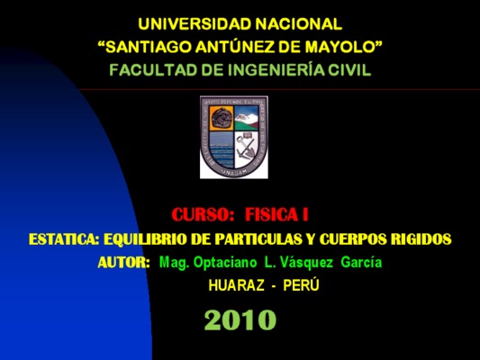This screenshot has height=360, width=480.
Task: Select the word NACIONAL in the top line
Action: click(299, 24)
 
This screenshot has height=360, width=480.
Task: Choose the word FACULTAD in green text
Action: click(154, 70)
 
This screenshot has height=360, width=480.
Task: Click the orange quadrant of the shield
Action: click(222, 118)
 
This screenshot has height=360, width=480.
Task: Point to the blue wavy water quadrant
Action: click(222, 149)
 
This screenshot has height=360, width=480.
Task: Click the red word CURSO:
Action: click(203, 214)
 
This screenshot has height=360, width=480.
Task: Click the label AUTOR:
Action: click(124, 263)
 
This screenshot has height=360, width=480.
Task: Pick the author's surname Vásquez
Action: click(306, 263)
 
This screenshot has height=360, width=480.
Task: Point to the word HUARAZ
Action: click(236, 285)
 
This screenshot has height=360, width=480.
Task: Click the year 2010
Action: click(240, 319)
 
